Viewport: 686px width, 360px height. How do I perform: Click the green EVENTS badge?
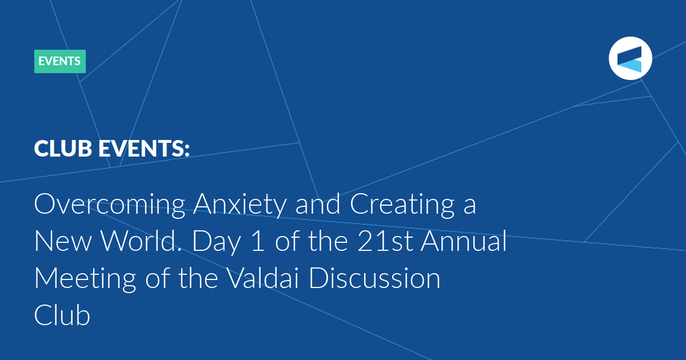(x=59, y=61)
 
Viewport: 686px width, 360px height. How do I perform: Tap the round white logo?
(x=630, y=58)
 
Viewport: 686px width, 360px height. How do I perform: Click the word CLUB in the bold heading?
(x=63, y=149)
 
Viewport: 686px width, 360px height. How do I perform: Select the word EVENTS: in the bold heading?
(x=144, y=149)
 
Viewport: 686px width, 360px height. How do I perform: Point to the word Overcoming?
(x=110, y=205)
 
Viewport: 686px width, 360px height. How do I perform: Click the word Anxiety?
(x=240, y=205)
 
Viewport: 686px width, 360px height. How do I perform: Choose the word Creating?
(x=402, y=205)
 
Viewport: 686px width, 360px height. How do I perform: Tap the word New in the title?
(x=63, y=241)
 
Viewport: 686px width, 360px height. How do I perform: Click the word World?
(x=142, y=241)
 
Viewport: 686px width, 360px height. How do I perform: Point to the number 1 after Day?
(x=258, y=241)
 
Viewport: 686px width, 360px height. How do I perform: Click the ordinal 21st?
(x=385, y=241)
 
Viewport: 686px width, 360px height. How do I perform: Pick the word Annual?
(x=464, y=241)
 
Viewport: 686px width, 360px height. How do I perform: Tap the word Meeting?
(x=85, y=279)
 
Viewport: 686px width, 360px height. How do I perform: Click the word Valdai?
(x=264, y=277)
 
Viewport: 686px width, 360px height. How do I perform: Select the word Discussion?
(x=375, y=278)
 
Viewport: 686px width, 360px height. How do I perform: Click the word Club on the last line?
(x=62, y=315)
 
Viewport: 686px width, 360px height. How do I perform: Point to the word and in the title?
(x=318, y=203)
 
